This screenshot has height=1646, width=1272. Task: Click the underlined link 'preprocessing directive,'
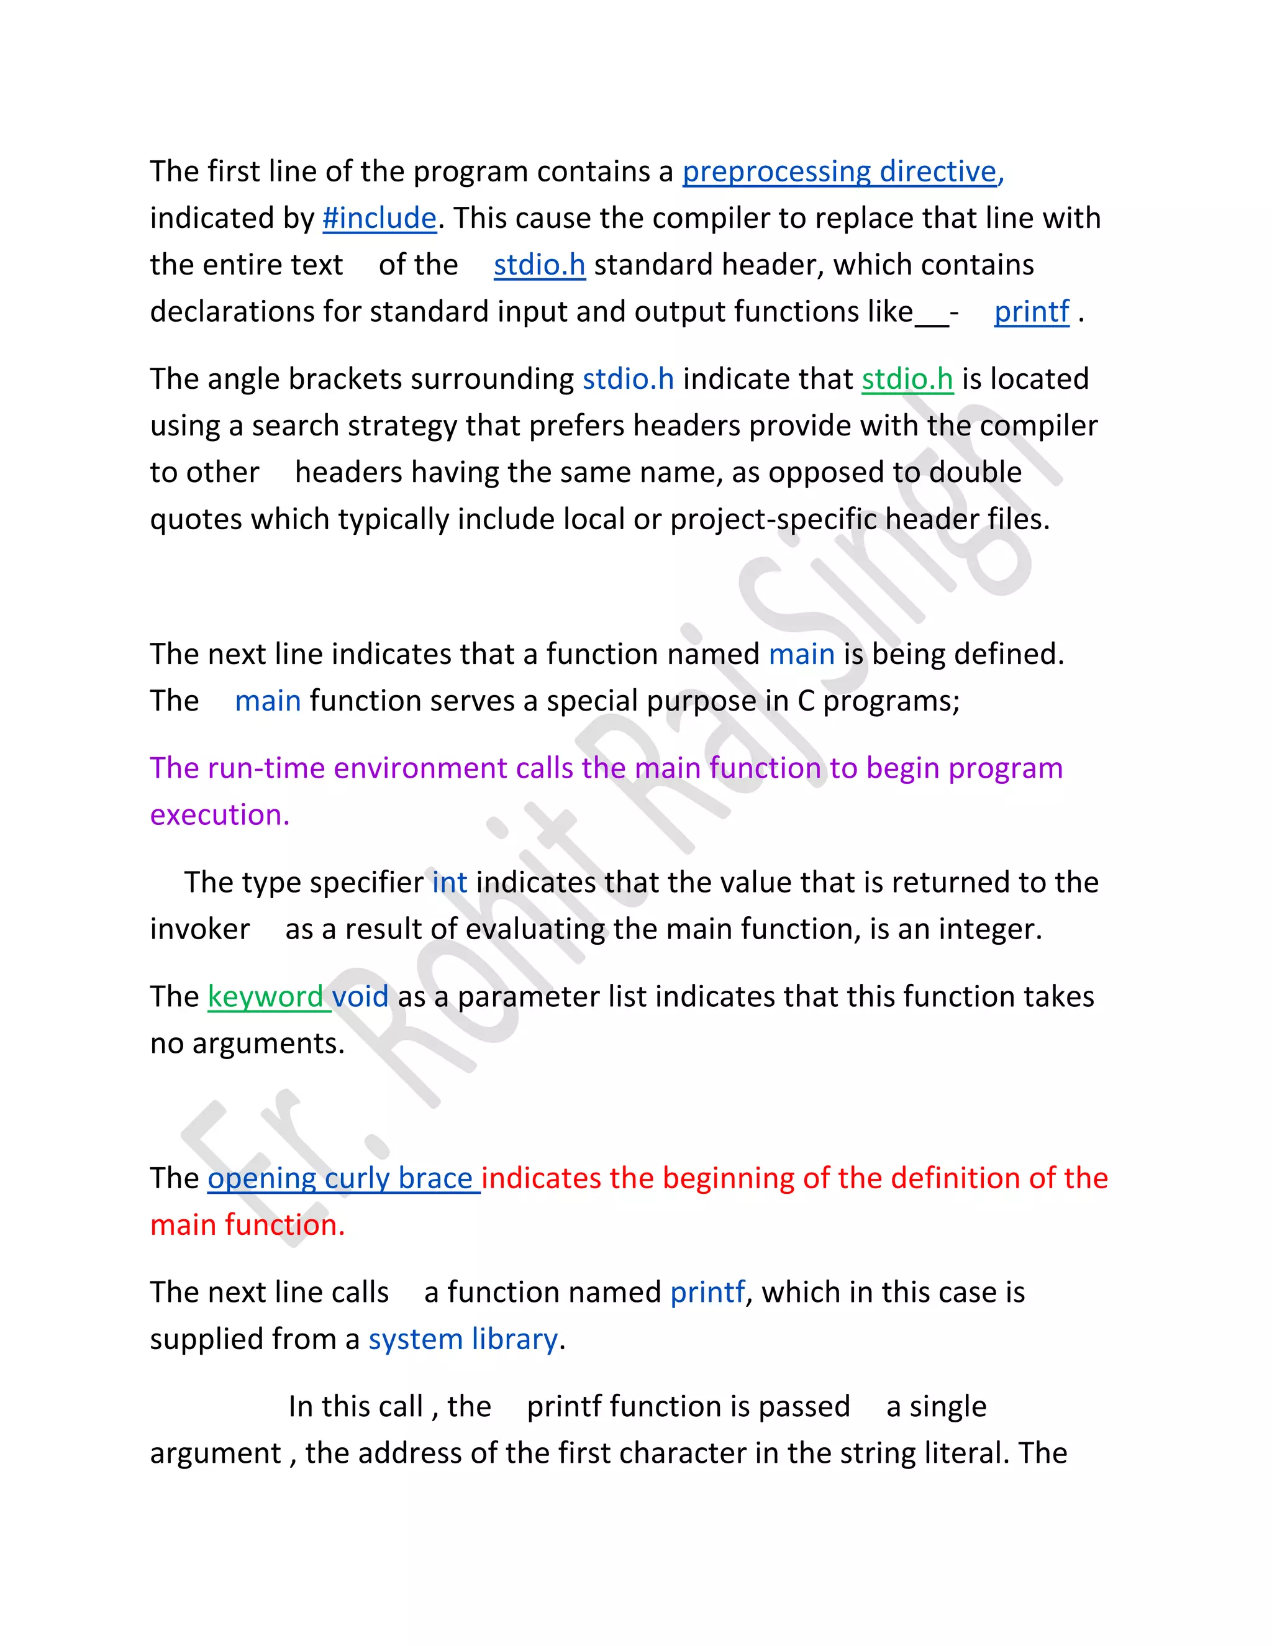click(x=842, y=172)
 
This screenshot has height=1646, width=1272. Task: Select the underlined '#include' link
click(x=379, y=219)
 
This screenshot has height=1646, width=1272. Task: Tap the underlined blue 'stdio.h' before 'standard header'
click(x=540, y=265)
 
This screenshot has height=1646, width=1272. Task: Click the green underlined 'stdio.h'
click(x=907, y=379)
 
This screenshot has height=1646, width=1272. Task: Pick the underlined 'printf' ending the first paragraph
click(x=1032, y=312)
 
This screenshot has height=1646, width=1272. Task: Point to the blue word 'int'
click(x=450, y=883)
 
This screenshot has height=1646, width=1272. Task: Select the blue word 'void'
click(x=360, y=997)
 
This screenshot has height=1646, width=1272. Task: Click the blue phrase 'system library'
click(x=463, y=1339)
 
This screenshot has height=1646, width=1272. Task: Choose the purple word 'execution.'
click(x=220, y=816)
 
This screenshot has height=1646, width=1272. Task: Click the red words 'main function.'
click(x=247, y=1225)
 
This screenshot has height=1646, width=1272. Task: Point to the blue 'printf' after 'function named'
click(x=707, y=1293)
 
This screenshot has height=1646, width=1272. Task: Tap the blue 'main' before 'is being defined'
click(x=802, y=654)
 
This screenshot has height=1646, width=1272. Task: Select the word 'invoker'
click(x=200, y=929)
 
